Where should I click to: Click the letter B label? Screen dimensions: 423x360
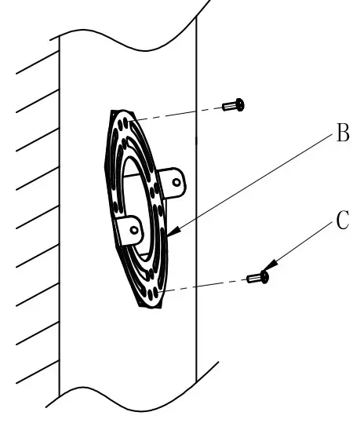[341, 135]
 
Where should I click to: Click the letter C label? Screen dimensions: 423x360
[342, 221]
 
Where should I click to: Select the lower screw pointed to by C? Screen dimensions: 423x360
[257, 277]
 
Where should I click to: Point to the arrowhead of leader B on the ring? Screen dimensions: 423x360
[170, 234]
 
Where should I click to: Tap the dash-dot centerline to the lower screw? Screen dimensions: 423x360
[204, 283]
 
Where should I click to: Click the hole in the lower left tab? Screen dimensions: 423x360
[135, 231]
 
